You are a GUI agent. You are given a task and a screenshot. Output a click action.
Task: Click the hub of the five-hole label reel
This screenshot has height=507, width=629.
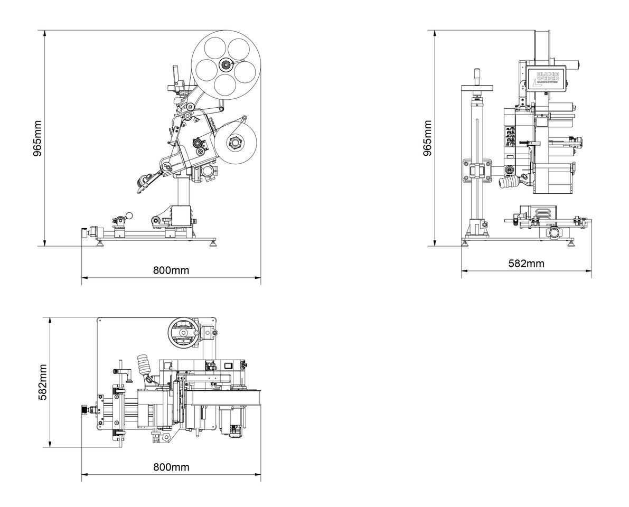(226, 64)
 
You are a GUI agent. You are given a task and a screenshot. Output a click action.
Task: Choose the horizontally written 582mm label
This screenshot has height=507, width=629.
(526, 263)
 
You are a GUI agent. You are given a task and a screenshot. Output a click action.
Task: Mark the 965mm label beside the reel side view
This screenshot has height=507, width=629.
(37, 138)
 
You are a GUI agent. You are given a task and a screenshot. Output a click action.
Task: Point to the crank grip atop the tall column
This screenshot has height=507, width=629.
(477, 76)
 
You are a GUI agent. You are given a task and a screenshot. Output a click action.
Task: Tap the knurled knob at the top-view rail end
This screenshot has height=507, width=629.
(84, 410)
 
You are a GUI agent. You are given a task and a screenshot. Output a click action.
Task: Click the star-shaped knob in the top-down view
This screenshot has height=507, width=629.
(165, 437)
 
